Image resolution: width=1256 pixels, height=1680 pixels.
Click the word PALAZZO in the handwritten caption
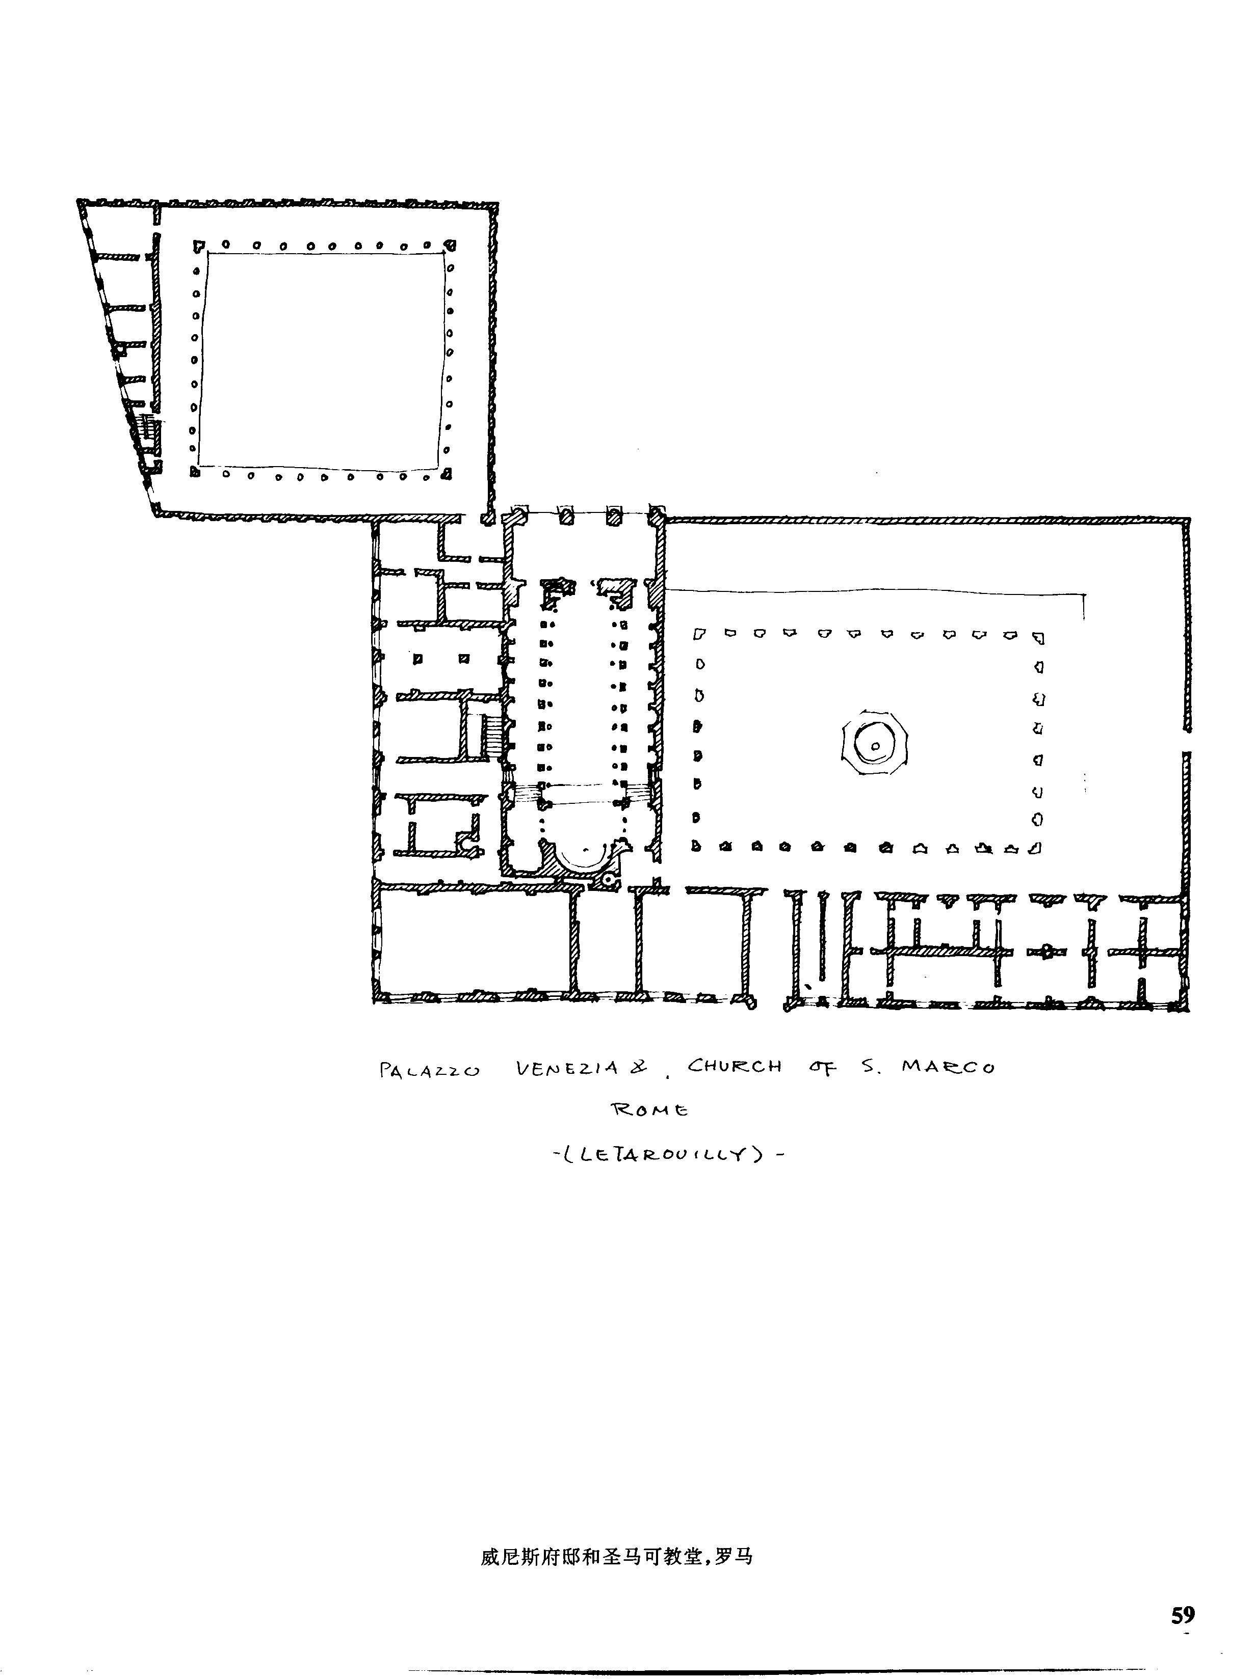(429, 1070)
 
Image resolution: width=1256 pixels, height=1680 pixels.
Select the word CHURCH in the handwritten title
(734, 1066)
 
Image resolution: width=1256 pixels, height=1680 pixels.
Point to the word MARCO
(948, 1067)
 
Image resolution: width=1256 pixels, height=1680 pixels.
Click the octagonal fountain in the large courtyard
(875, 745)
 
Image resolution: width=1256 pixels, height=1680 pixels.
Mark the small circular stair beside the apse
(608, 880)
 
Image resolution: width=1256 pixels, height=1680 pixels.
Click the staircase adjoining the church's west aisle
(492, 735)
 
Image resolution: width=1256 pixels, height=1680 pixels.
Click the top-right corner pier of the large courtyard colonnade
(1038, 638)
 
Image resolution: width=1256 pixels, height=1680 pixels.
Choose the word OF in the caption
(823, 1068)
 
